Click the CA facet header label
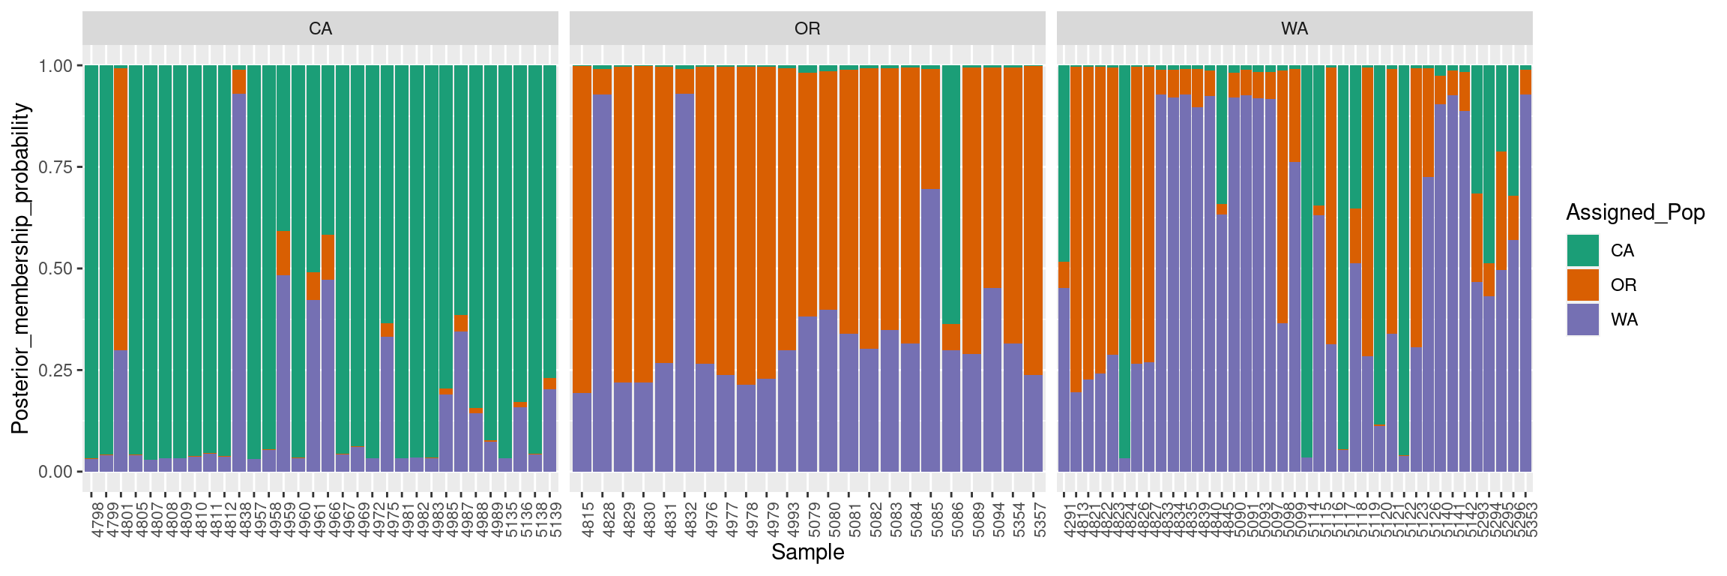[320, 28]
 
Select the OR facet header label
[807, 28]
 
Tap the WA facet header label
[1295, 28]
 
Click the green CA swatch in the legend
[1582, 250]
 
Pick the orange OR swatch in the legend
[1582, 285]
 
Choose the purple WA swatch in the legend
[1582, 319]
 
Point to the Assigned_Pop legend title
[1636, 213]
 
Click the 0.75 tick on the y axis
[55, 167]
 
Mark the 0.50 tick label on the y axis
[55, 268]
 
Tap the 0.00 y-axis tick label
[55, 472]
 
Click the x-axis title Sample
[807, 553]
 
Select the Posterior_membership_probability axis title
[20, 268]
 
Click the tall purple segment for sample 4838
[239, 285]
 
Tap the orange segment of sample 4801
[121, 210]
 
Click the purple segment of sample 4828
[603, 285]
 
